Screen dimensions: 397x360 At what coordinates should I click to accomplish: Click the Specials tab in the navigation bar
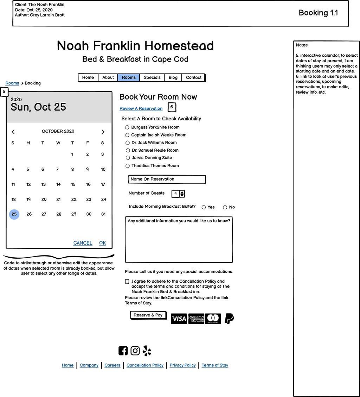(x=152, y=77)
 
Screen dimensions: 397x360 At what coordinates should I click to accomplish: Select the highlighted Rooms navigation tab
(x=129, y=77)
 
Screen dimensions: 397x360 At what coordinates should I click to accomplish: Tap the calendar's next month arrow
(x=103, y=132)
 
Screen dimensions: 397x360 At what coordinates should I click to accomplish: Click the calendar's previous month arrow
(x=13, y=132)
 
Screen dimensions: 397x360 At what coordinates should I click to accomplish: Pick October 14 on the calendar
(x=58, y=184)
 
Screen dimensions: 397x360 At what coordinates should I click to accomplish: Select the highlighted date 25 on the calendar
(x=14, y=214)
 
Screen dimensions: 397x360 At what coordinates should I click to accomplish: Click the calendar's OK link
(x=102, y=243)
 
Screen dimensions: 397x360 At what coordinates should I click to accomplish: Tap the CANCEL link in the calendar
(x=83, y=243)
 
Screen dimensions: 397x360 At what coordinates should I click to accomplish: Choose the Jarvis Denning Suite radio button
(x=127, y=158)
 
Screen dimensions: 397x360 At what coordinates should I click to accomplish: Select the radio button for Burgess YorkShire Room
(x=127, y=127)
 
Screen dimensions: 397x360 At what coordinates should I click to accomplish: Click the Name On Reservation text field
(x=167, y=179)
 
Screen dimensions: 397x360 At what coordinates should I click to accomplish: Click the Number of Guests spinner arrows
(x=182, y=194)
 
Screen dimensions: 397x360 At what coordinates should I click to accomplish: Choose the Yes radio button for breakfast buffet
(x=204, y=207)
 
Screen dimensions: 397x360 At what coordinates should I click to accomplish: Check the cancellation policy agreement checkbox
(x=127, y=282)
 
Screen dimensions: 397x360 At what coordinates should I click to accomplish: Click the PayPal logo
(x=229, y=318)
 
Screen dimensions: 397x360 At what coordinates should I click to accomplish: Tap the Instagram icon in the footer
(x=135, y=351)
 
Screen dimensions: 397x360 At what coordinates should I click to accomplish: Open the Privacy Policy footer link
(x=182, y=365)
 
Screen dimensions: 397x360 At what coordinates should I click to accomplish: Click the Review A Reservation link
(x=141, y=109)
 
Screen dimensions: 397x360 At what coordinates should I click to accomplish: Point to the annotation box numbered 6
(x=172, y=107)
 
